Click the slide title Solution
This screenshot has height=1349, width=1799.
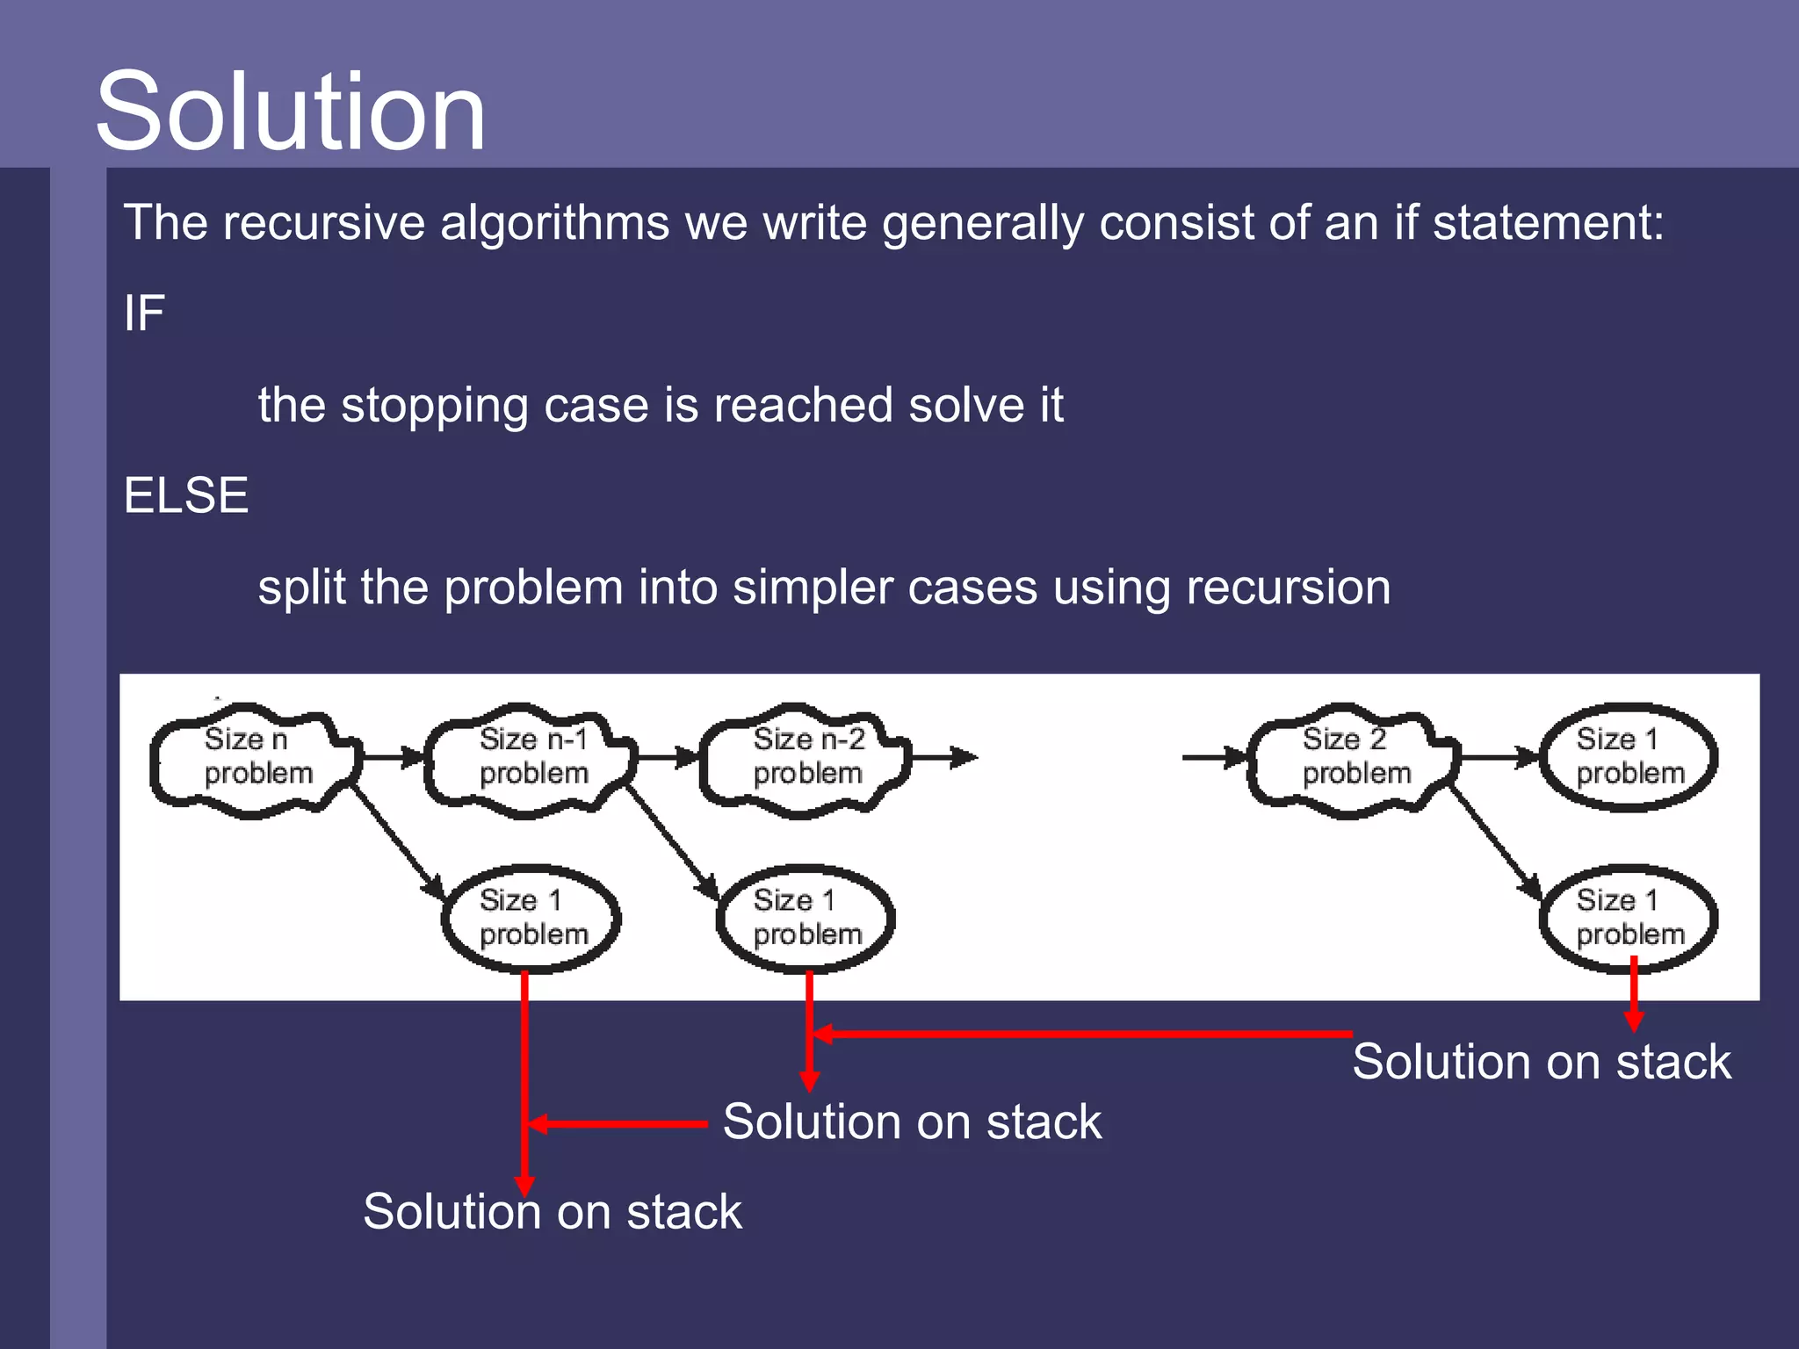pos(290,112)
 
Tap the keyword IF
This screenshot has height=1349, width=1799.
pos(144,314)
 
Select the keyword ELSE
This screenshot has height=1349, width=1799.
pos(186,495)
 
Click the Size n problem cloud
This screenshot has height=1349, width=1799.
pos(255,758)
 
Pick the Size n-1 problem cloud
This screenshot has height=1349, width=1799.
pos(531,758)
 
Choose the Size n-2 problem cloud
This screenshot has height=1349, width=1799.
pos(805,758)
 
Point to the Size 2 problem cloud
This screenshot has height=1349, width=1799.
pos(1353,758)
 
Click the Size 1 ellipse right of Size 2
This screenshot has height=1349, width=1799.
pos(1628,756)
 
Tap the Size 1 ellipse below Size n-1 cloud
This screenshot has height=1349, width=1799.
pos(531,918)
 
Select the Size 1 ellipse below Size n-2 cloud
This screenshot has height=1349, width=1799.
pos(805,918)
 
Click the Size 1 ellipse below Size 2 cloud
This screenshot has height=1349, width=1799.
pos(1628,918)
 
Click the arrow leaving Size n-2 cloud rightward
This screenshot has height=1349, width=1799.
pos(944,756)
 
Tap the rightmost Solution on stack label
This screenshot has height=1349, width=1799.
pos(1541,1062)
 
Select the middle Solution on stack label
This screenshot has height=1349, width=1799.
pos(912,1122)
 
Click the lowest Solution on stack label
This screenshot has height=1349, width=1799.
pos(552,1212)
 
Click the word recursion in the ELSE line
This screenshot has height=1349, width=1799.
pos(1288,588)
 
